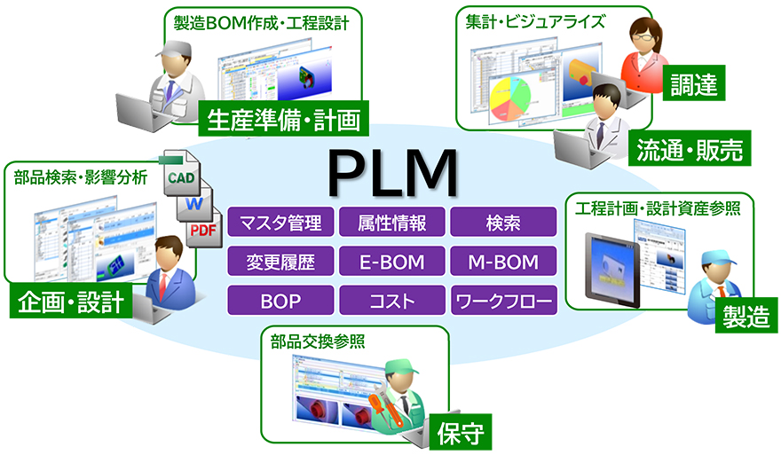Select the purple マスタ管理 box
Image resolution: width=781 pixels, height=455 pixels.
pos(280,222)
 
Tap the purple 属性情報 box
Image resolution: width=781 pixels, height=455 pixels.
pos(392,222)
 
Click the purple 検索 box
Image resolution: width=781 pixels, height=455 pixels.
pos(504,222)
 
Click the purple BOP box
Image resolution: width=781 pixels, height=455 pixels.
pos(280,300)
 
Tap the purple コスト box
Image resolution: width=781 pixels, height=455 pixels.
pos(392,300)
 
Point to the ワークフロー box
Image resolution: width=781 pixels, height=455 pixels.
pos(504,300)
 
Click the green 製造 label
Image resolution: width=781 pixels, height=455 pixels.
pos(746,317)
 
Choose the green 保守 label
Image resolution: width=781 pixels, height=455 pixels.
pos(460,434)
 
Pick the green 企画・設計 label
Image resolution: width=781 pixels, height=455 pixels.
pos(71,303)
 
